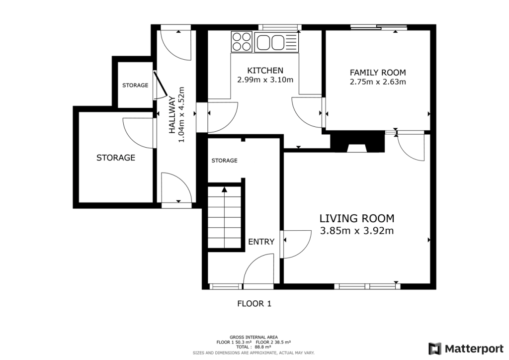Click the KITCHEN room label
tap(265, 71)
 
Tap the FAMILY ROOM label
tap(378, 73)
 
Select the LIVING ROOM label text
tap(356, 218)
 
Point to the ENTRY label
tap(261, 242)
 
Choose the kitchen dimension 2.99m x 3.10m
tap(265, 80)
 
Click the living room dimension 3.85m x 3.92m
tap(356, 231)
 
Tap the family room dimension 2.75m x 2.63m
tap(378, 82)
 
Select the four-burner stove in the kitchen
tap(242, 41)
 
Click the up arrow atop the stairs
tap(224, 189)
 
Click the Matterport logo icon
tap(435, 348)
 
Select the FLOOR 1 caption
tap(254, 303)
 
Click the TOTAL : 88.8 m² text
tap(254, 347)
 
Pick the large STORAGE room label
tap(116, 158)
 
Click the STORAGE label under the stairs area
tap(224, 161)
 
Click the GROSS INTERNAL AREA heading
tap(254, 337)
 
